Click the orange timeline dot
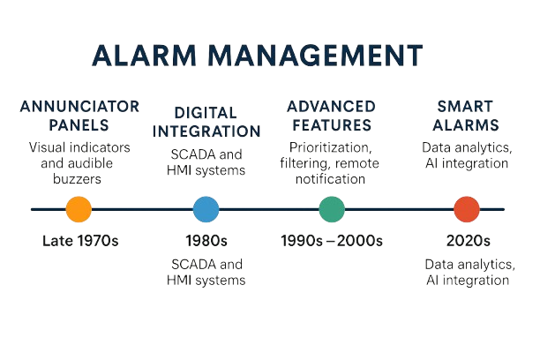click(x=79, y=209)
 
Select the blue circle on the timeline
click(x=206, y=209)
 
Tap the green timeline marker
click(x=332, y=209)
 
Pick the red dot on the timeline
click(x=467, y=209)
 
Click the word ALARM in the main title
click(x=145, y=55)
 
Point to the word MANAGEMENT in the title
click(x=316, y=55)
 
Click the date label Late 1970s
click(x=80, y=241)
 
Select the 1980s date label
click(x=206, y=241)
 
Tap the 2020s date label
click(x=468, y=241)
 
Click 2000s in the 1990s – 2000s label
click(x=359, y=241)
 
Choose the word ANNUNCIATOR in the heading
click(x=79, y=107)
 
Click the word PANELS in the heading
click(x=79, y=125)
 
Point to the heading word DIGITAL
click(x=206, y=113)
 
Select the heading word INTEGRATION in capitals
click(x=206, y=131)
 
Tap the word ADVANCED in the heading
click(x=331, y=107)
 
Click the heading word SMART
click(x=465, y=107)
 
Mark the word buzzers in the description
click(x=77, y=179)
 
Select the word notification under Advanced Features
click(x=330, y=179)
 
